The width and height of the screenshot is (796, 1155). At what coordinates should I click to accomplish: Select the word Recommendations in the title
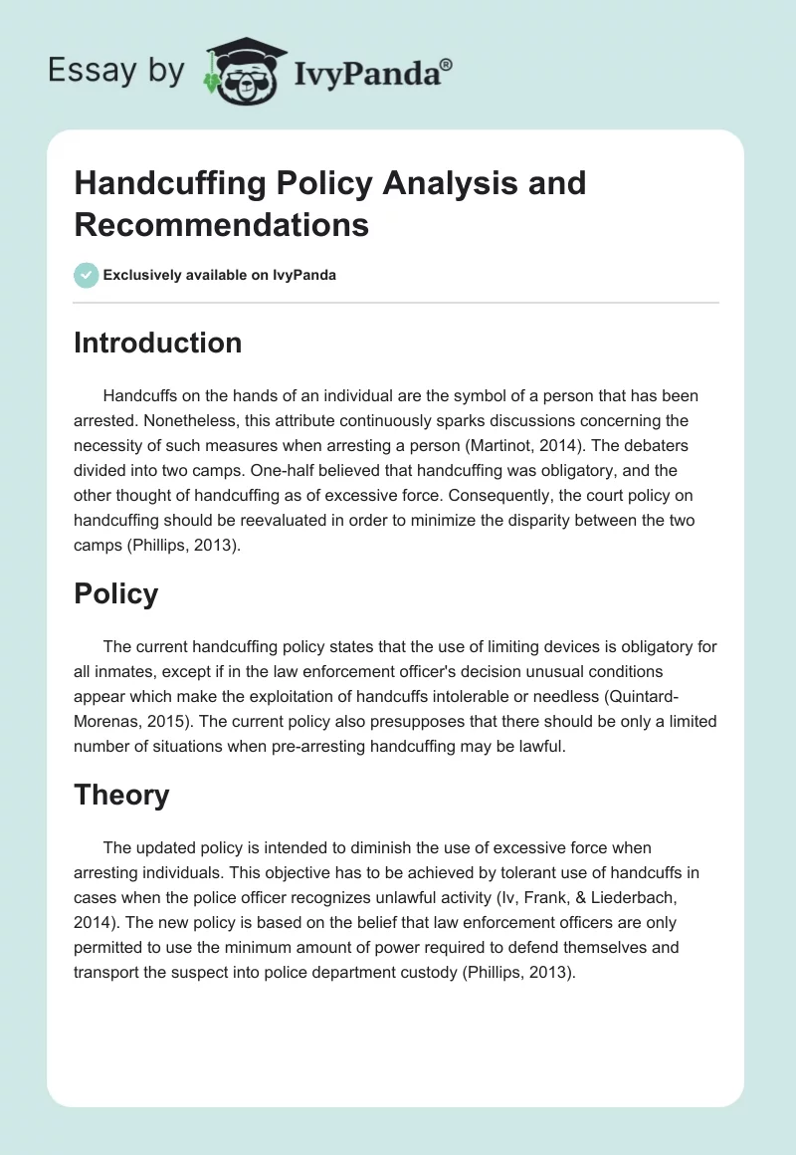pyautogui.click(x=222, y=224)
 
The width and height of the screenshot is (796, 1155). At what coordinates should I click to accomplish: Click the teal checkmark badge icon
pyautogui.click(x=87, y=275)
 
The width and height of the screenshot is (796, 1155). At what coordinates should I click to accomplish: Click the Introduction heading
pyautogui.click(x=158, y=343)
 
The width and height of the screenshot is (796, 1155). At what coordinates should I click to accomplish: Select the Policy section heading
pyautogui.click(x=116, y=593)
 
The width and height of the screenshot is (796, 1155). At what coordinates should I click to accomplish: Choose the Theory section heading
pyautogui.click(x=121, y=795)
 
